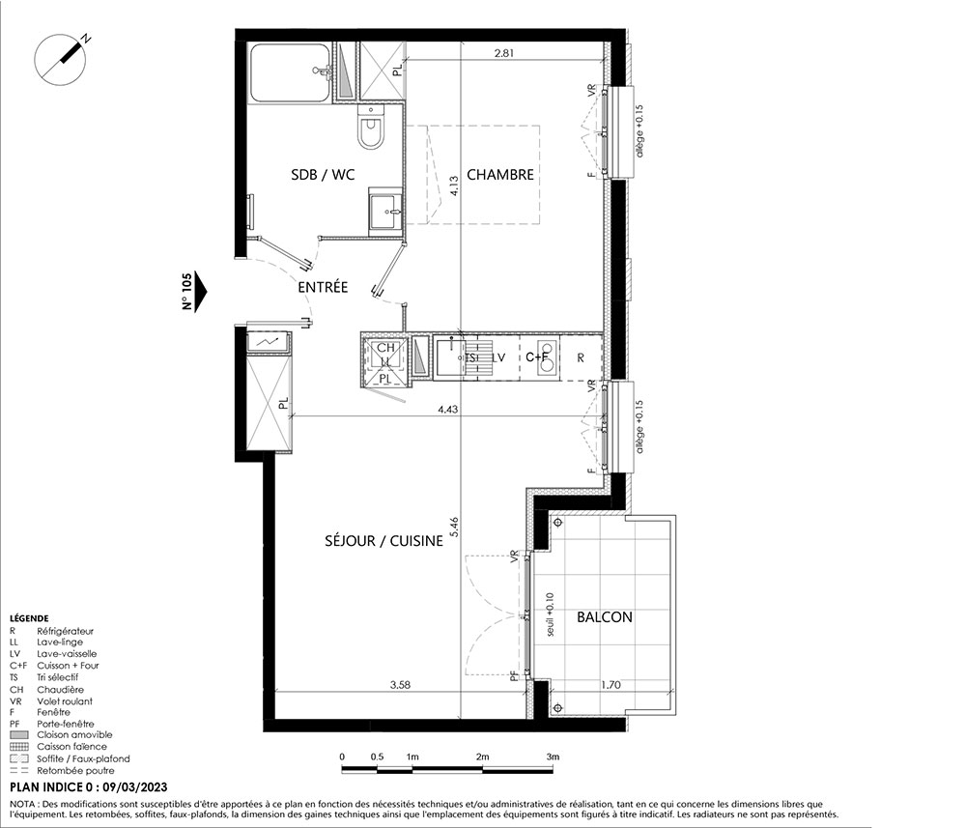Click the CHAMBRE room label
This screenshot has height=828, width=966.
[500, 175]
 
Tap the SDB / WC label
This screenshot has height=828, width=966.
[323, 175]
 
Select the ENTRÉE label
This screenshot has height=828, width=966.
[323, 287]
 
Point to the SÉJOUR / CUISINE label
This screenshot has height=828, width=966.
[384, 541]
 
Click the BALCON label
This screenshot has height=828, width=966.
[605, 617]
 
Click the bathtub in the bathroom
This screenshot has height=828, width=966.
[290, 73]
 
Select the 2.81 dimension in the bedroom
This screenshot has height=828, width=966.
[504, 53]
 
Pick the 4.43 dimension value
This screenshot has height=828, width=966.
[448, 409]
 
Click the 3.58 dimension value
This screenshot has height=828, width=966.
[400, 684]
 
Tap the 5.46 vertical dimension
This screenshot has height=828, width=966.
[455, 528]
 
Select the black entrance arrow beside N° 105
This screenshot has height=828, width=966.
[200, 292]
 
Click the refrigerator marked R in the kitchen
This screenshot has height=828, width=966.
[581, 357]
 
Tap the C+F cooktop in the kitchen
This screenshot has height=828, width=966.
[538, 357]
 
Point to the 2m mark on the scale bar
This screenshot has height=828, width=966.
[482, 757]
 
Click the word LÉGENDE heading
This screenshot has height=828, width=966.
[29, 618]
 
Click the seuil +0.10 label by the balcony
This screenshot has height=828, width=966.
[551, 614]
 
